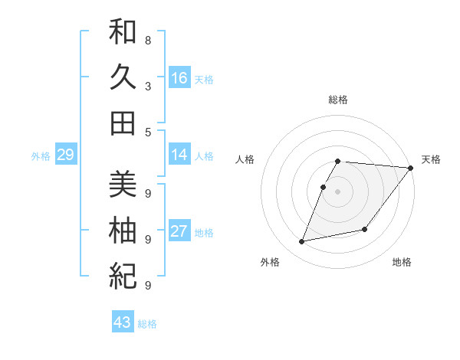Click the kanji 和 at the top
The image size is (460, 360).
coord(123,32)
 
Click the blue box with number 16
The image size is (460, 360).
coord(179,78)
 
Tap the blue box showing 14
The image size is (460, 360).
coord(179,155)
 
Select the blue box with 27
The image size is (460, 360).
coord(179,232)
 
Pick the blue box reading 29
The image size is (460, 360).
coord(65,155)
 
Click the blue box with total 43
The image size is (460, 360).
coord(123,322)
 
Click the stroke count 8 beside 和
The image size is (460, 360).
coord(148,40)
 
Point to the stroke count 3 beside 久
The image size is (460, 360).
coord(148,86)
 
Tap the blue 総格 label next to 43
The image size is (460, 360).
coord(147,324)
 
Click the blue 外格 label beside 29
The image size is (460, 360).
coord(41,156)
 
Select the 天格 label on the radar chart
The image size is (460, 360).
coord(431,159)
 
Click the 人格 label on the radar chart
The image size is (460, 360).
coord(245,159)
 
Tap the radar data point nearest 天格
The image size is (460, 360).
coord(410,169)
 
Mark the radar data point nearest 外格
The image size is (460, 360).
coord(302,242)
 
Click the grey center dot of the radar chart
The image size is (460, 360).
coord(338,191)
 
